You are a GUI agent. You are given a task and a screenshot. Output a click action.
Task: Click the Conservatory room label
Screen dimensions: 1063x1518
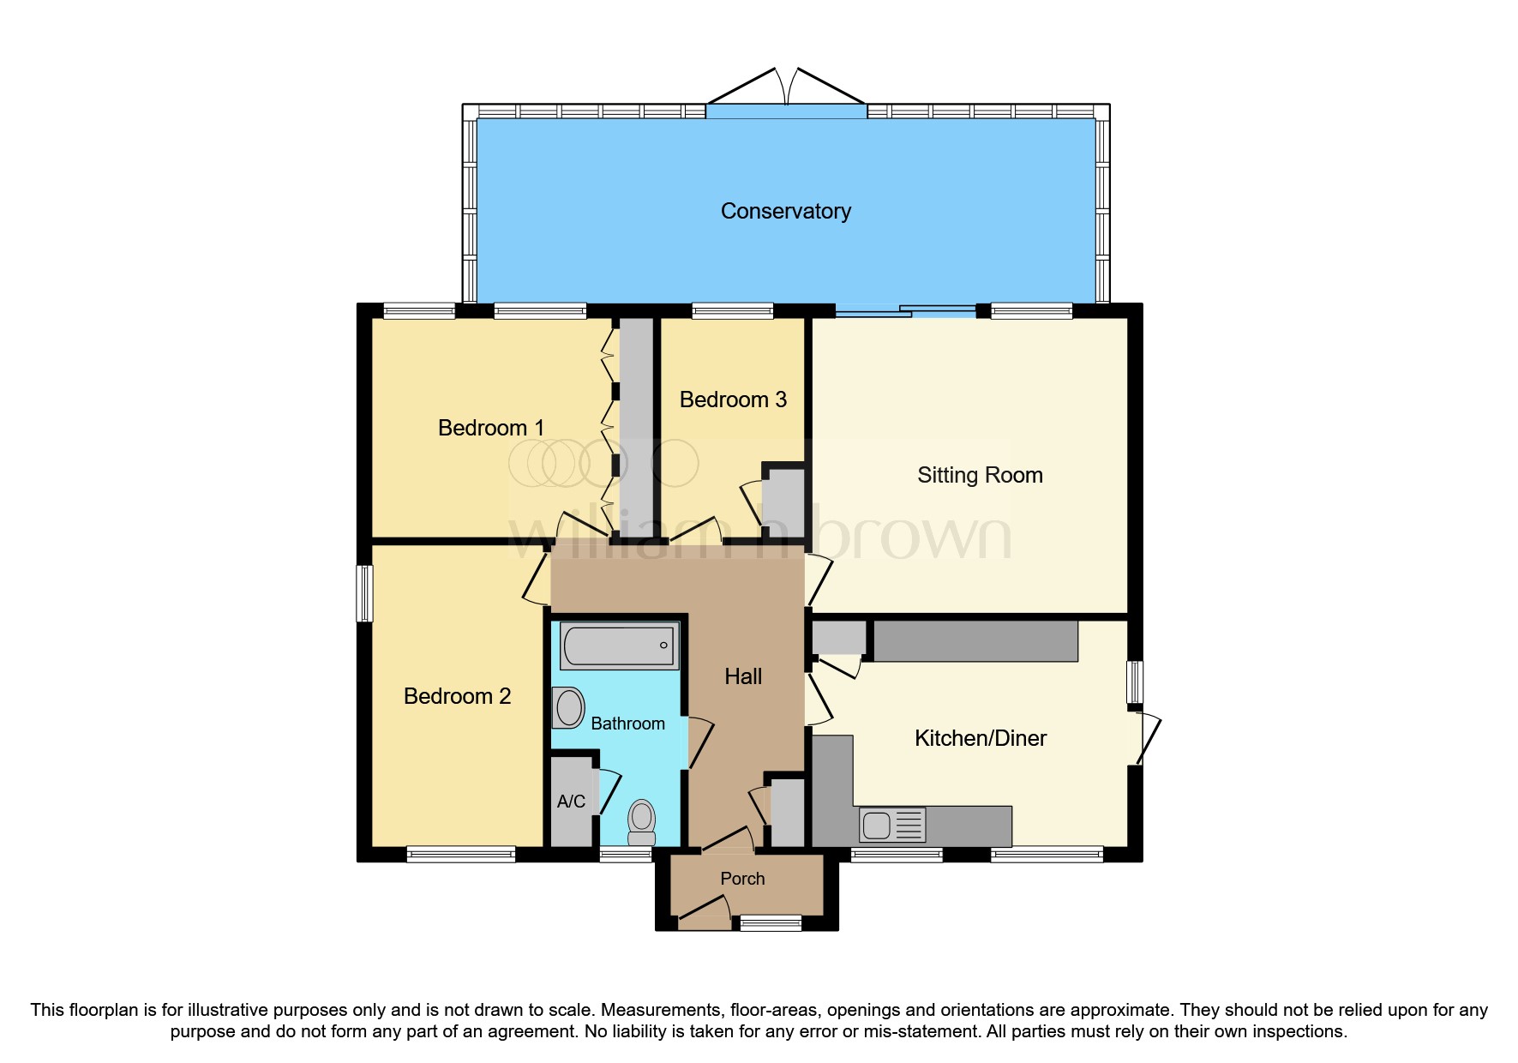point(785,212)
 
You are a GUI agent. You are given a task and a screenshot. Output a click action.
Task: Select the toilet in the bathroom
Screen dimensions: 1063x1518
point(642,822)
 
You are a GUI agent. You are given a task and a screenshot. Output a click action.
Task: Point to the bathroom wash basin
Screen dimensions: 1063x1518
point(568,708)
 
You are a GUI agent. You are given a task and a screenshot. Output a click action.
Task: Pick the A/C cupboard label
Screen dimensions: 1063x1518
point(571,802)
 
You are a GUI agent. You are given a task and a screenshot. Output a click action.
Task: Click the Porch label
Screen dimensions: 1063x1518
point(742,879)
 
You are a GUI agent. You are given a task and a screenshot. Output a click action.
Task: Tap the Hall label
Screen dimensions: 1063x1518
point(743,676)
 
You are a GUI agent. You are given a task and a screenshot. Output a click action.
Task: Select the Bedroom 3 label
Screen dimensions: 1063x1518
point(733,399)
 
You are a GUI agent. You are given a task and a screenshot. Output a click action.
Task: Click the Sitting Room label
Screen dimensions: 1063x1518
point(980,475)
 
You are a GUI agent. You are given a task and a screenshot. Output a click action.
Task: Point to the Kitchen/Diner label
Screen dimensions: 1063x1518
point(981,738)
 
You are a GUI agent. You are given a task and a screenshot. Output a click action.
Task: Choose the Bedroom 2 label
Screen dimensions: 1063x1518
point(457,696)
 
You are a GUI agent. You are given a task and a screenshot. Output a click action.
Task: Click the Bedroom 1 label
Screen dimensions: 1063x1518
point(490,428)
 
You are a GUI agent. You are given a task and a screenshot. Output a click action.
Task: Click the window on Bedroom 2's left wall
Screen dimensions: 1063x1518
point(365,592)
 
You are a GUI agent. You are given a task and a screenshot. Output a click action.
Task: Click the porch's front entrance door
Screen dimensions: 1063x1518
point(705,912)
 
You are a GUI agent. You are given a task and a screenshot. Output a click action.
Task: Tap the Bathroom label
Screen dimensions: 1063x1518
point(627,724)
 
